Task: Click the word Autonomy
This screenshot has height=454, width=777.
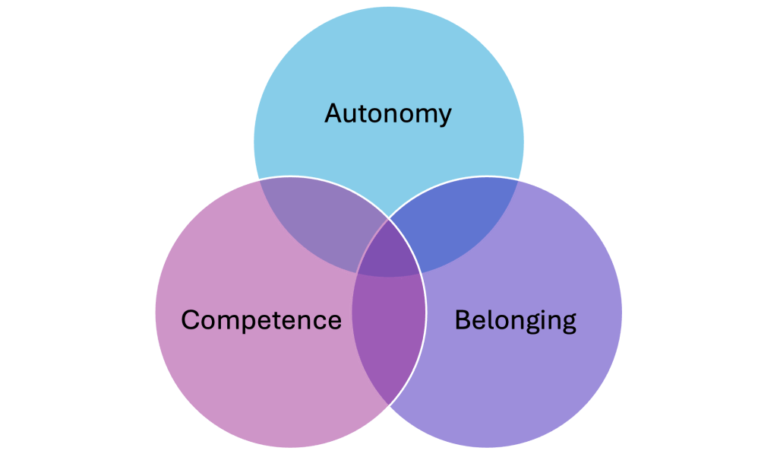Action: [388, 114]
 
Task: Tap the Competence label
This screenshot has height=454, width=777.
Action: [261, 319]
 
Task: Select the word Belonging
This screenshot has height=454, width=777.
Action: [515, 319]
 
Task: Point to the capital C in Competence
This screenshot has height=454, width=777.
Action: [191, 319]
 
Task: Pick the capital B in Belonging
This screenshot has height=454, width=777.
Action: [462, 319]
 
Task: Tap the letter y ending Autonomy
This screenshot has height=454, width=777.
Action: [444, 116]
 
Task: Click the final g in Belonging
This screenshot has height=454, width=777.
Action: [567, 322]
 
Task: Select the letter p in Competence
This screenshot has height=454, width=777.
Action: [247, 322]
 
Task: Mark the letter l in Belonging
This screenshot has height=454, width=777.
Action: [487, 319]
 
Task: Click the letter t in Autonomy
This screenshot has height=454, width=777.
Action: [367, 113]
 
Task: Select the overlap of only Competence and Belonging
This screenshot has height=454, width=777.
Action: [388, 335]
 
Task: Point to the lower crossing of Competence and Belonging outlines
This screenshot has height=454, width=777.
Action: [388, 404]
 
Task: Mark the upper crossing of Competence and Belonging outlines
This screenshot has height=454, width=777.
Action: [389, 218]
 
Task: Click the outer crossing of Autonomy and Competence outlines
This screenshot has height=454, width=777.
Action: [258, 179]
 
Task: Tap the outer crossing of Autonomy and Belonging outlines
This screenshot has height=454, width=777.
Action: [519, 179]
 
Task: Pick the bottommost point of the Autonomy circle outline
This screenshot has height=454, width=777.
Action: [388, 277]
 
